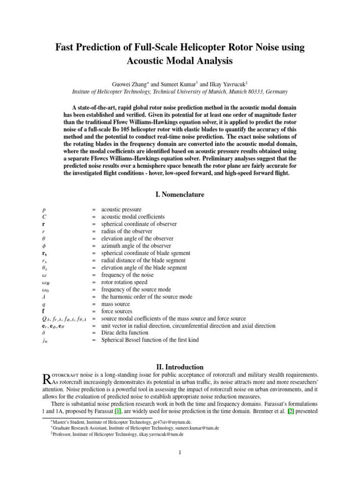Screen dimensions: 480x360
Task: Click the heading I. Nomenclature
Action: (180, 194)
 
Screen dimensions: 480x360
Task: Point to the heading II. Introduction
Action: (180, 367)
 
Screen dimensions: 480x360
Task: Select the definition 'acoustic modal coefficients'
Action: (133, 217)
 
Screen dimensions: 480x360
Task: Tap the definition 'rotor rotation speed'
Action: (124, 282)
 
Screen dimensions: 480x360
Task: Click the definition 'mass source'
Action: (116, 304)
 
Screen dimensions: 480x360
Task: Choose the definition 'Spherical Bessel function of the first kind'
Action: (150, 340)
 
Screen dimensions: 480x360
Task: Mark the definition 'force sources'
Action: (117, 311)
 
